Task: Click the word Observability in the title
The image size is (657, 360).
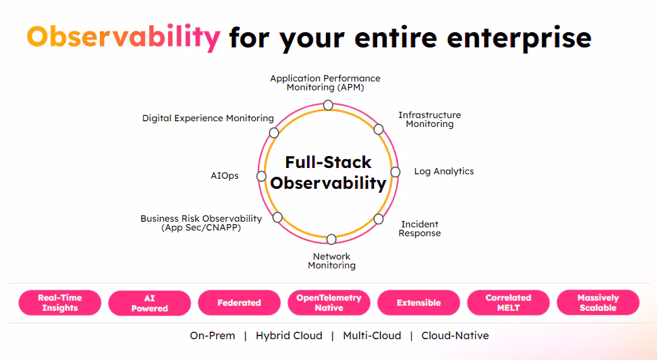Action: [123, 37]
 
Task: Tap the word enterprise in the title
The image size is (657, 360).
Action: [519, 37]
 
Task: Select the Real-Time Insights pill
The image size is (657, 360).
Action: [60, 303]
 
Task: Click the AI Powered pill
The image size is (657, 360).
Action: [150, 303]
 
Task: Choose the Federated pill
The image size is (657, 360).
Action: [239, 303]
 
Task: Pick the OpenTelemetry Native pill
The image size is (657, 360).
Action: [329, 303]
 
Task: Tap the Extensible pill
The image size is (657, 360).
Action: [419, 303]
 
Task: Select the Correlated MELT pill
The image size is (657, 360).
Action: [509, 303]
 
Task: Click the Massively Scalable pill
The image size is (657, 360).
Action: [598, 303]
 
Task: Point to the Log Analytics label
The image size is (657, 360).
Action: [443, 171]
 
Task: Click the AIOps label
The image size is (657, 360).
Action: [225, 176]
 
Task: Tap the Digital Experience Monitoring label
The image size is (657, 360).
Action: [208, 118]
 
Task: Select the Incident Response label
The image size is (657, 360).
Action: [419, 229]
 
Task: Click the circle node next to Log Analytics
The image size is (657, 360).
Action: [395, 172]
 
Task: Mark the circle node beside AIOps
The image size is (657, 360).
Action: [261, 176]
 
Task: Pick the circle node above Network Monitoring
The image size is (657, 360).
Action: [331, 239]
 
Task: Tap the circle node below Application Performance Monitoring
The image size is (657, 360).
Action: [328, 105]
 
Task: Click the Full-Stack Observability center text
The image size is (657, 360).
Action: [328, 172]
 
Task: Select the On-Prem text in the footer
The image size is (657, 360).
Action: [212, 336]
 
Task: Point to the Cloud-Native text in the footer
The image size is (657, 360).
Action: [455, 336]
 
